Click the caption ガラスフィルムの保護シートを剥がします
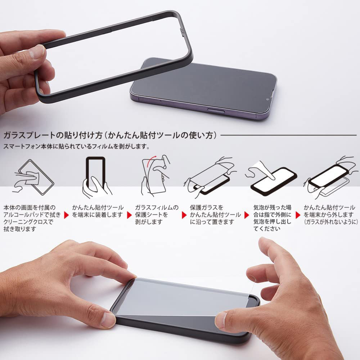157,215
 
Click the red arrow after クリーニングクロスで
66,215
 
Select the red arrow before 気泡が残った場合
247,215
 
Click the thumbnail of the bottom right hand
288,299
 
